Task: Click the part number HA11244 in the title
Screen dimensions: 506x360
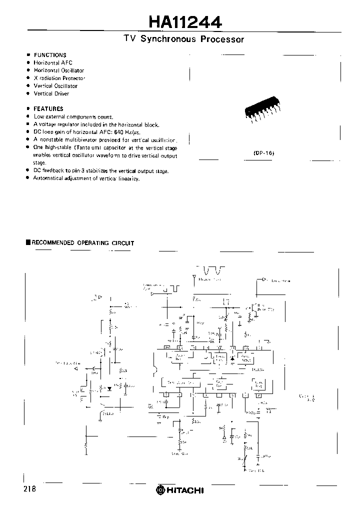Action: pyautogui.click(x=185, y=22)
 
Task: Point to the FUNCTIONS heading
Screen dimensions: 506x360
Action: pyautogui.click(x=49, y=55)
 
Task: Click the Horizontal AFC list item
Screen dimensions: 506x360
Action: pyautogui.click(x=53, y=63)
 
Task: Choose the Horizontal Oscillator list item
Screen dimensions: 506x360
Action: pyautogui.click(x=58, y=70)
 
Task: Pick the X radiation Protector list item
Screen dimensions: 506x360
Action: pyautogui.click(x=59, y=78)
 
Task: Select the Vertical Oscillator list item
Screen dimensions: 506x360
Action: pyautogui.click(x=55, y=86)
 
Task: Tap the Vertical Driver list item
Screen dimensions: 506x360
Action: pyautogui.click(x=51, y=93)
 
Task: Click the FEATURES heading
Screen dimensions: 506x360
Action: pyautogui.click(x=48, y=108)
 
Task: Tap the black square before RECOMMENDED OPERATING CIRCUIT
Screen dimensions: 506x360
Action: pyautogui.click(x=28, y=242)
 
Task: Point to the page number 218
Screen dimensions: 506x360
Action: pyautogui.click(x=29, y=489)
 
